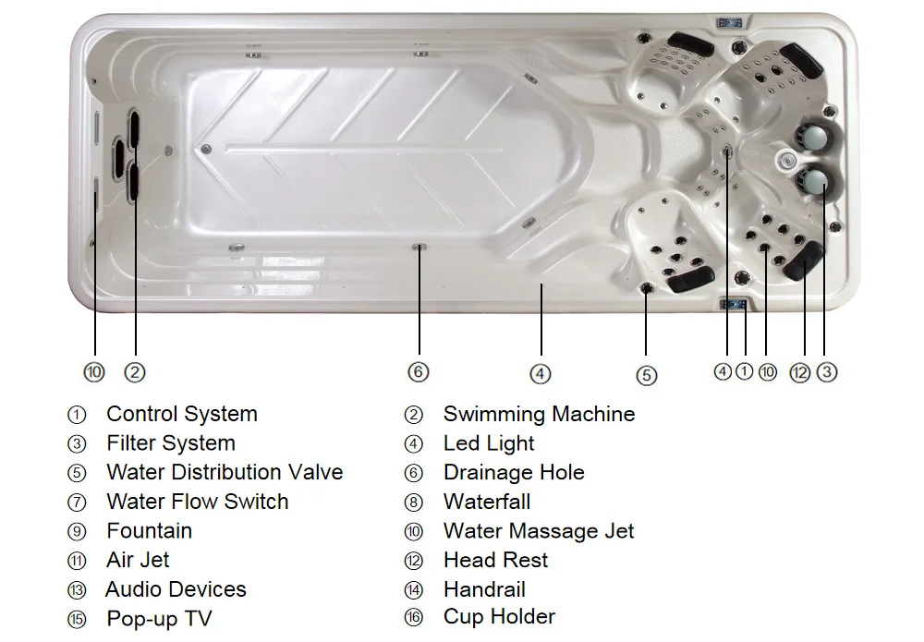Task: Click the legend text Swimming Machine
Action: point(539,414)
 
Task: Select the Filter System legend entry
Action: point(171,443)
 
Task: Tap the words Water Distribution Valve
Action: point(225,472)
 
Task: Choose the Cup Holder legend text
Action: point(499,616)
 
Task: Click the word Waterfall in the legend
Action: point(487,502)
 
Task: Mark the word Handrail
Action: point(484,589)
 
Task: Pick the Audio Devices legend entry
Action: point(176,589)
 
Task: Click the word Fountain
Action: point(150,531)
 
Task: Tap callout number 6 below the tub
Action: point(419,371)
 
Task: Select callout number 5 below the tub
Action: point(647,375)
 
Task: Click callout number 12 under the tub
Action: point(800,372)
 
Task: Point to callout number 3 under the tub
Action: point(827,372)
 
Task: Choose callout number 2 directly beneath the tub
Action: point(135,372)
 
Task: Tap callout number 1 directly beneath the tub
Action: point(745,371)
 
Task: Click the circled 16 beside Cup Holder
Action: point(413,618)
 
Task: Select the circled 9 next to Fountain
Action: point(77,532)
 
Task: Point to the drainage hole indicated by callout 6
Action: point(419,247)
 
